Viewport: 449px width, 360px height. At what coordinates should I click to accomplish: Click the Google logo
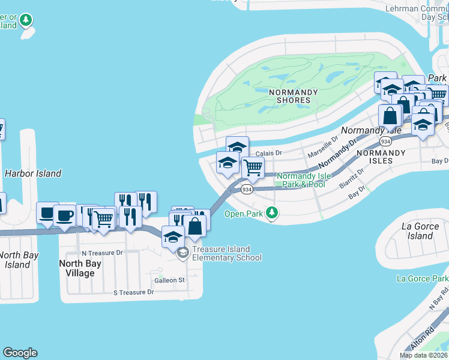click(20, 353)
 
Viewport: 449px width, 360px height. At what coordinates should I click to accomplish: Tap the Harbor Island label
click(33, 173)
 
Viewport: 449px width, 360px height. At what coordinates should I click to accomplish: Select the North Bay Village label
click(77, 268)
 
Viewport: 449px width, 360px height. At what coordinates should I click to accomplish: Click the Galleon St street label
click(167, 280)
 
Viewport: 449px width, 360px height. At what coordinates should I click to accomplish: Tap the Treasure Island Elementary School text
click(227, 254)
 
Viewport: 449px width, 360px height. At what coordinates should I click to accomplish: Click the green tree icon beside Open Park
click(272, 212)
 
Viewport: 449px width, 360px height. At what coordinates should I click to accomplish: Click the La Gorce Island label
click(420, 231)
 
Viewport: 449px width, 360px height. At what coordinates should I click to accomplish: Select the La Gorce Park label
click(423, 279)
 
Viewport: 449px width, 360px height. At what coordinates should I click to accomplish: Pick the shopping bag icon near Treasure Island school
click(195, 226)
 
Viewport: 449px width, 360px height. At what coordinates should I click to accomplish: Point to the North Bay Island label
click(18, 260)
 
